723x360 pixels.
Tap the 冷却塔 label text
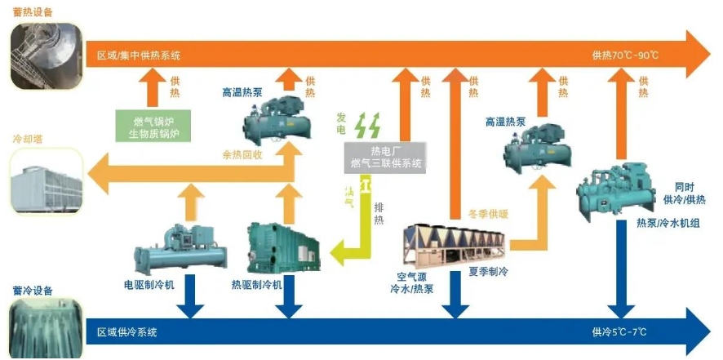tap(26, 139)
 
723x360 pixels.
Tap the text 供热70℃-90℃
tap(625, 56)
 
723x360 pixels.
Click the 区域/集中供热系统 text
tap(139, 56)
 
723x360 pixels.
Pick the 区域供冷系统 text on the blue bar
tap(127, 332)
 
